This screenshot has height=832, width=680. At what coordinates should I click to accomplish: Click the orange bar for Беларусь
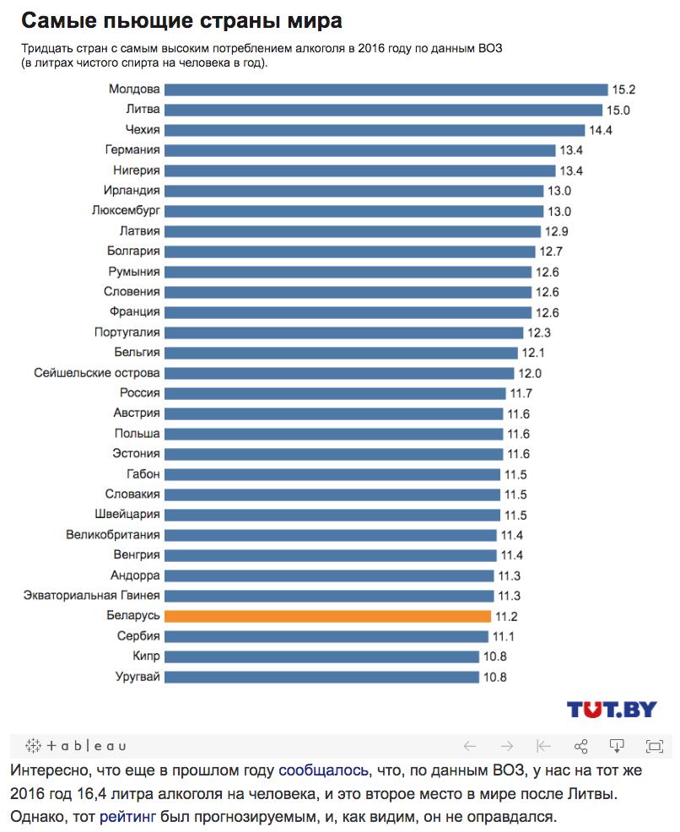[327, 616]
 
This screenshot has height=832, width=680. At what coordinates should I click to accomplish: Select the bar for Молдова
[386, 89]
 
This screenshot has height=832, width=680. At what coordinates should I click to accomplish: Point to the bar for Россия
[335, 393]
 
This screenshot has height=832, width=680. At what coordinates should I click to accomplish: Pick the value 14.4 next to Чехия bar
[601, 130]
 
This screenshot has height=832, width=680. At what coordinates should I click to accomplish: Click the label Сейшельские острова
[97, 373]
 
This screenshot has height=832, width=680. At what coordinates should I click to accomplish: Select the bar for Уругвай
[321, 677]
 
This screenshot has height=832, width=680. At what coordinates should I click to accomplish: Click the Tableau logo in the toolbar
[76, 746]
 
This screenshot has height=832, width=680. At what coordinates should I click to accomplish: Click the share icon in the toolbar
[580, 746]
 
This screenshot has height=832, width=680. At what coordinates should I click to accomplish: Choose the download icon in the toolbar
[617, 746]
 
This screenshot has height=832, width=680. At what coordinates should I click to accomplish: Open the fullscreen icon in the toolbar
[654, 746]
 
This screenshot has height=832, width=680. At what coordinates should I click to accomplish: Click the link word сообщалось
[323, 770]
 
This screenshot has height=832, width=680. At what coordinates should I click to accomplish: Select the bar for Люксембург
[353, 211]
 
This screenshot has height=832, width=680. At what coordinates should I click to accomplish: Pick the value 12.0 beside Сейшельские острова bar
[530, 373]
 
